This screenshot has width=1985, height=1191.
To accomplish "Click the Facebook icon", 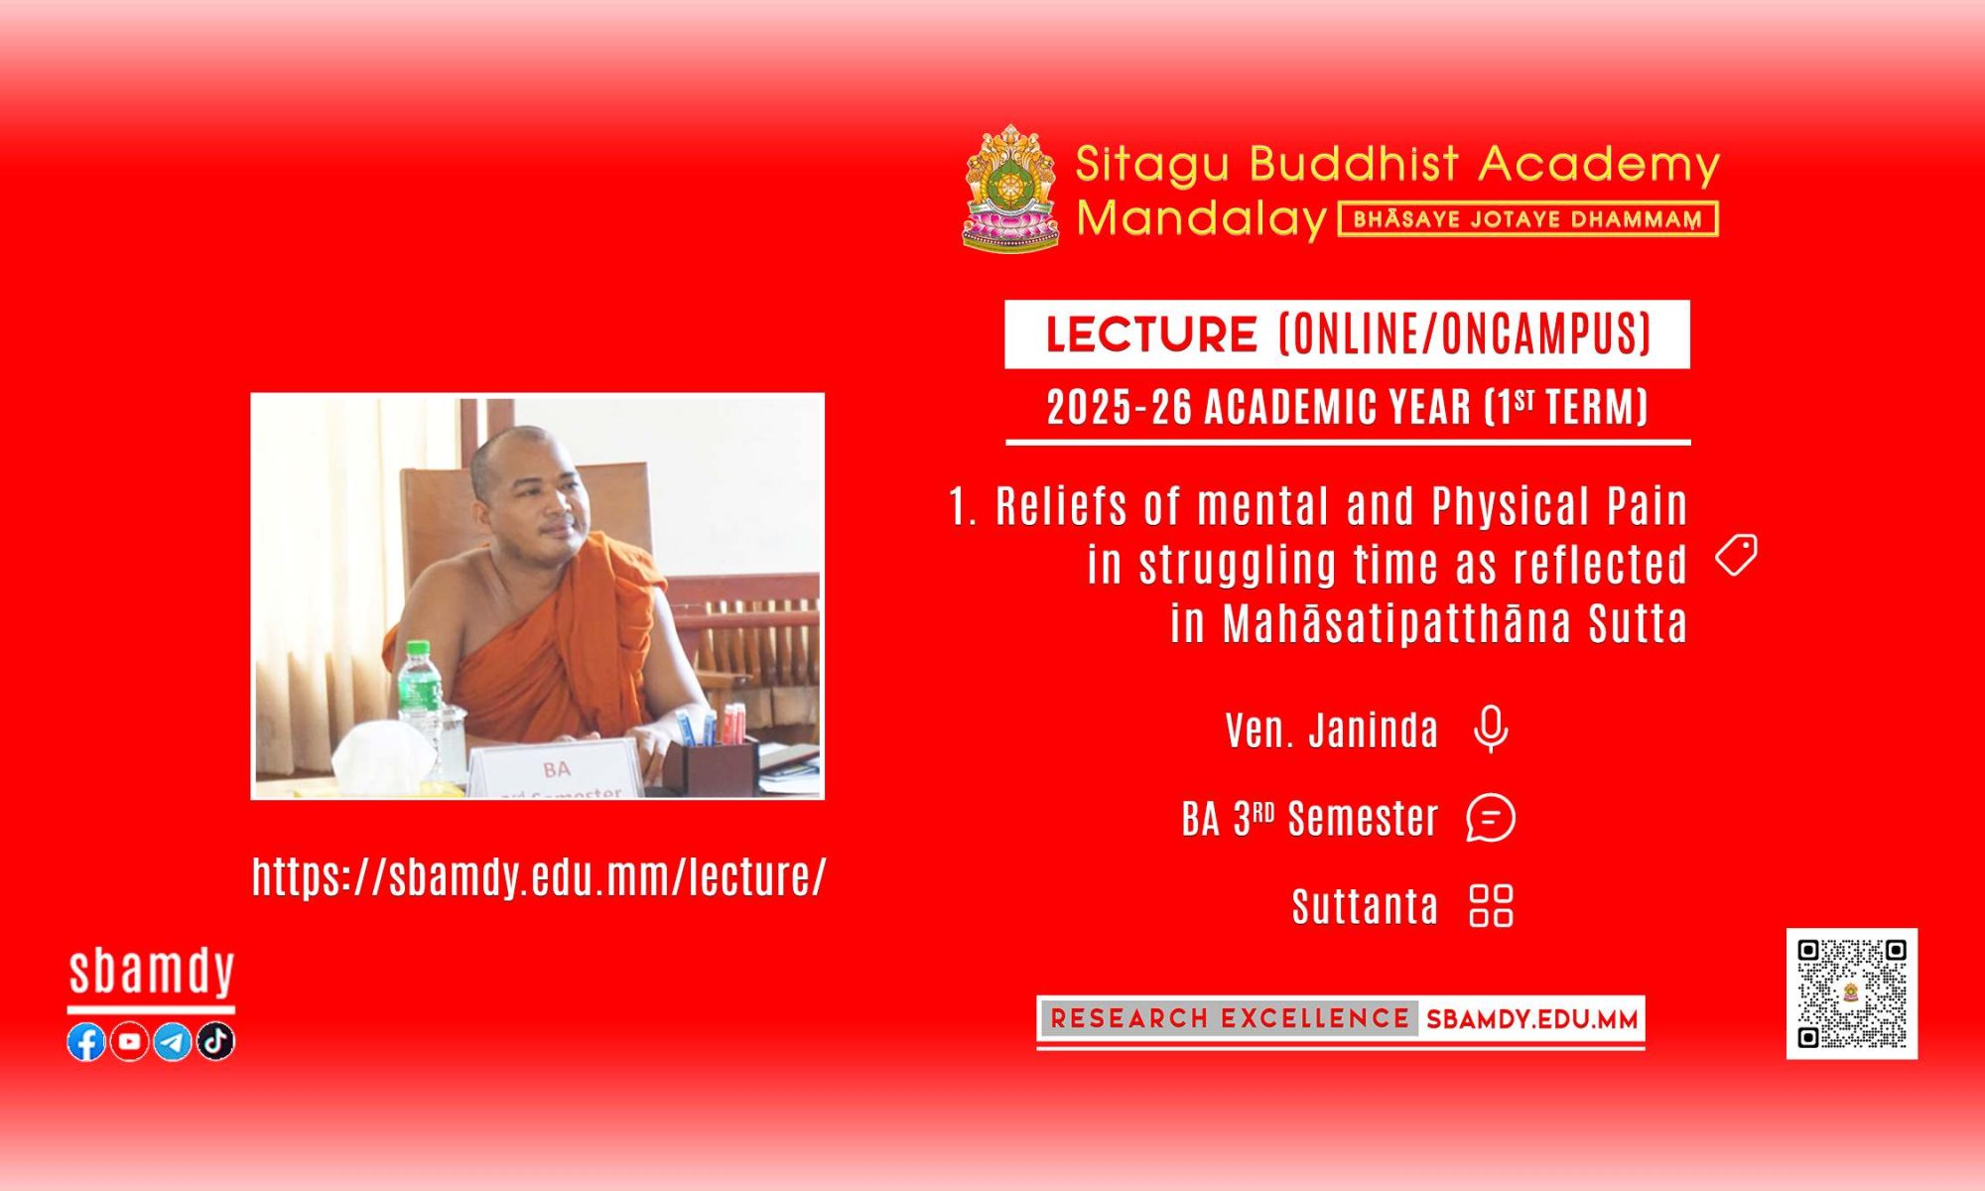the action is pyautogui.click(x=86, y=1041).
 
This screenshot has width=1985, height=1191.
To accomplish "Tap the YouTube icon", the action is pyautogui.click(x=129, y=1041).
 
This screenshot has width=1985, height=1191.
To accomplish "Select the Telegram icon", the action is pyautogui.click(x=173, y=1041).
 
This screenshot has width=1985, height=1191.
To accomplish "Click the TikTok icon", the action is pyautogui.click(x=215, y=1041).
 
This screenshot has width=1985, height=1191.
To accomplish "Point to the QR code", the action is pyautogui.click(x=1852, y=993).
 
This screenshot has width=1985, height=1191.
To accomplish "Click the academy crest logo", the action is pyautogui.click(x=1011, y=188).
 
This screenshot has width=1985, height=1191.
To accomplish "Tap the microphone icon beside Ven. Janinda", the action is pyautogui.click(x=1490, y=729).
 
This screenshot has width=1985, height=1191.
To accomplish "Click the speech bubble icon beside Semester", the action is pyautogui.click(x=1491, y=819).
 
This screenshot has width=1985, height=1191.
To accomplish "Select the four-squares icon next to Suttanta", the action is pyautogui.click(x=1491, y=905).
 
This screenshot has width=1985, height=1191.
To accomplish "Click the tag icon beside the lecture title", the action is pyautogui.click(x=1737, y=555).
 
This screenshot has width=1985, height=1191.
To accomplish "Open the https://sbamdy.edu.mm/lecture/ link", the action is pyautogui.click(x=539, y=877).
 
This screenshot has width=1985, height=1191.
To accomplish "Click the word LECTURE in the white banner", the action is pyautogui.click(x=1152, y=334).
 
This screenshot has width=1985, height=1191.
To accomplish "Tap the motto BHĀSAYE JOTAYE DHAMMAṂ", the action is pyautogui.click(x=1528, y=219).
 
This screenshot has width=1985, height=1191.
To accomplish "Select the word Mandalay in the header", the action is pyautogui.click(x=1202, y=218).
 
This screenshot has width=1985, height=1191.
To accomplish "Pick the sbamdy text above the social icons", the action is pyautogui.click(x=152, y=973).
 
